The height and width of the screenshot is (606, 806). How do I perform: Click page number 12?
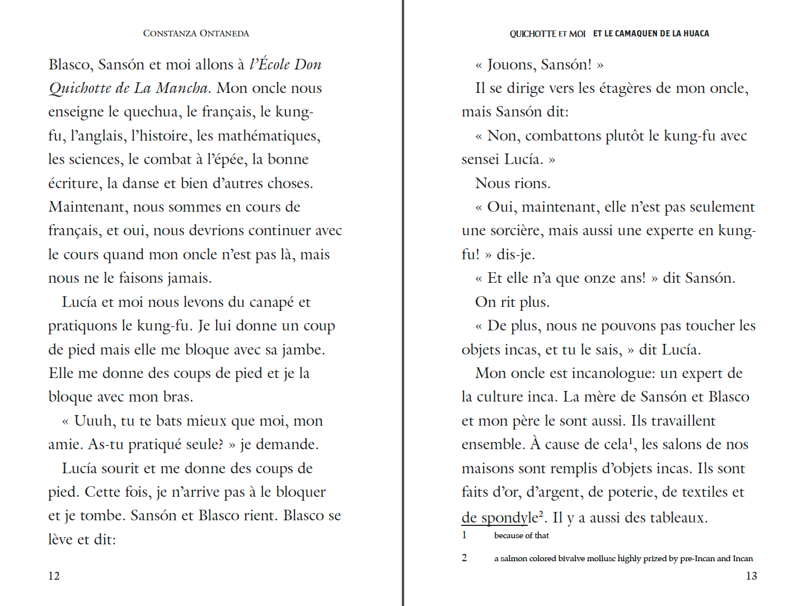pyautogui.click(x=54, y=576)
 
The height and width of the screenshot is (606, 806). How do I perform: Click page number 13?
pyautogui.click(x=751, y=576)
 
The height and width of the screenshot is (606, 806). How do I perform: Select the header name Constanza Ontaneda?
pyautogui.click(x=196, y=34)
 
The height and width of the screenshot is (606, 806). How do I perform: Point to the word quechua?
pyautogui.click(x=152, y=112)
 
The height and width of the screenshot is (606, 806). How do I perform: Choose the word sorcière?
pyautogui.click(x=513, y=231)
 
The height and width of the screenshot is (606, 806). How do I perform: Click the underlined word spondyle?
pyautogui.click(x=509, y=518)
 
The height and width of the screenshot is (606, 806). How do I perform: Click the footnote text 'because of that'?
pyautogui.click(x=521, y=535)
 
